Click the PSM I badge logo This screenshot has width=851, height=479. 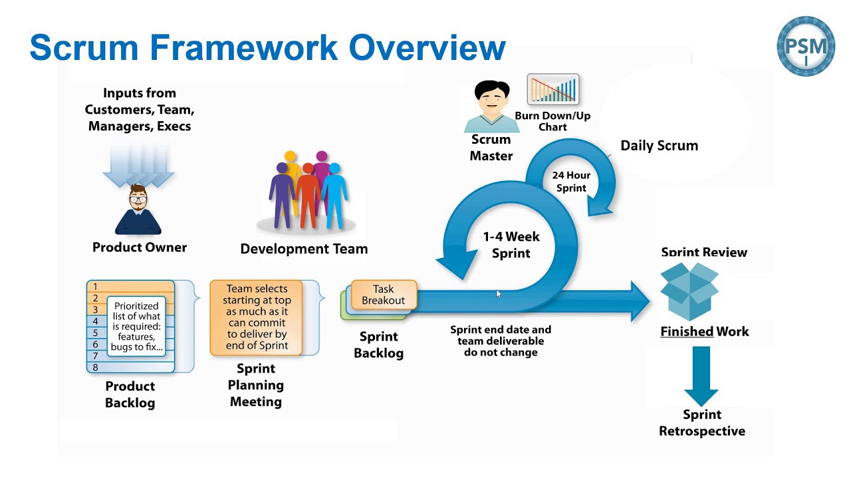point(806,46)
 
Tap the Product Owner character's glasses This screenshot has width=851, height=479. point(138,198)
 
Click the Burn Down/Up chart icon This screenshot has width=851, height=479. point(552,90)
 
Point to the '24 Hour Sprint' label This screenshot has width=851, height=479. point(570,182)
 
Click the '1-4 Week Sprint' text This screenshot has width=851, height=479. point(511,245)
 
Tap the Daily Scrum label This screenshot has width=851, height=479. point(659,146)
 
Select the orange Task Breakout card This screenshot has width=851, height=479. point(384,295)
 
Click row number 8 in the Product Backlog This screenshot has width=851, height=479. point(96,367)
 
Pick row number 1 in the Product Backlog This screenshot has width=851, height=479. point(96,287)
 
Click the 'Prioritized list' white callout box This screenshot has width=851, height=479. point(136,326)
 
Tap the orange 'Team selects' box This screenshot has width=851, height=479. point(256,317)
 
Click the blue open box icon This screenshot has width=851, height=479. point(689,291)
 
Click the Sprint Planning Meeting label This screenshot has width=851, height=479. point(255,385)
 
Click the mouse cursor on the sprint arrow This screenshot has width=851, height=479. point(499,294)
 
